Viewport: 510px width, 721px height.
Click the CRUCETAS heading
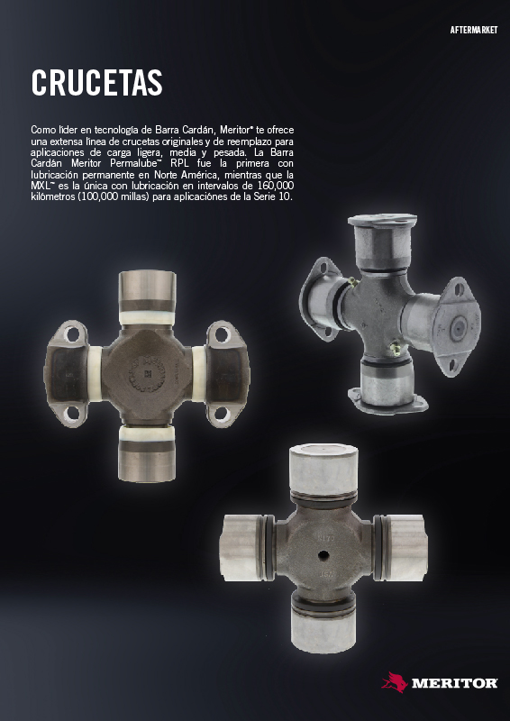[x=96, y=83]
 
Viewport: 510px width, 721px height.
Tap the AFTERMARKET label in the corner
[x=474, y=31]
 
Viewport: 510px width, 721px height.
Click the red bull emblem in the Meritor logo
[x=395, y=682]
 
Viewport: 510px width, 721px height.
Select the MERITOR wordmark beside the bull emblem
[x=454, y=683]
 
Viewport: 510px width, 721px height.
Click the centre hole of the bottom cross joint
[x=324, y=556]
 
